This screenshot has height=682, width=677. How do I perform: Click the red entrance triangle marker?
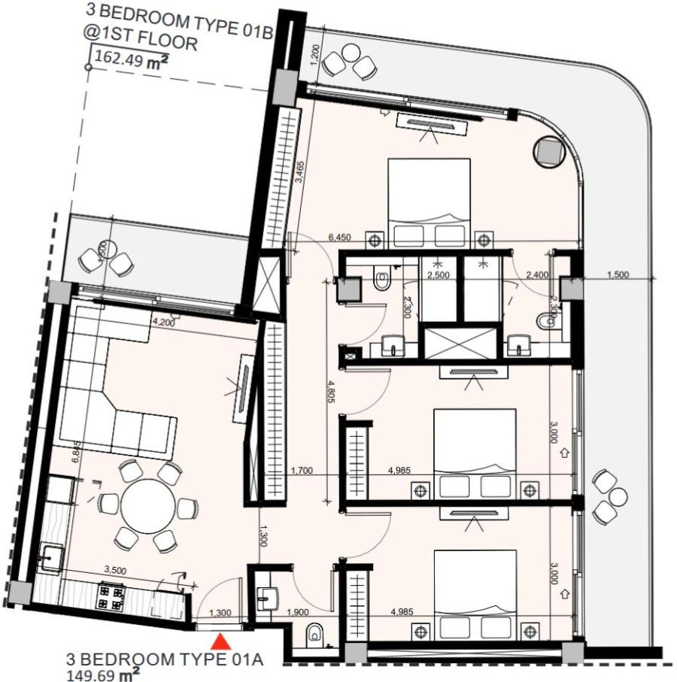220,641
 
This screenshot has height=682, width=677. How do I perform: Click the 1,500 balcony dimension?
617,274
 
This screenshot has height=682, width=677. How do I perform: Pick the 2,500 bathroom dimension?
438,276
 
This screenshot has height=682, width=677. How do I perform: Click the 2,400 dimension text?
537,276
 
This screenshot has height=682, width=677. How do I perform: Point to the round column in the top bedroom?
548,152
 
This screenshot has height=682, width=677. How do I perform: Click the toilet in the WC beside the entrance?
316,635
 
